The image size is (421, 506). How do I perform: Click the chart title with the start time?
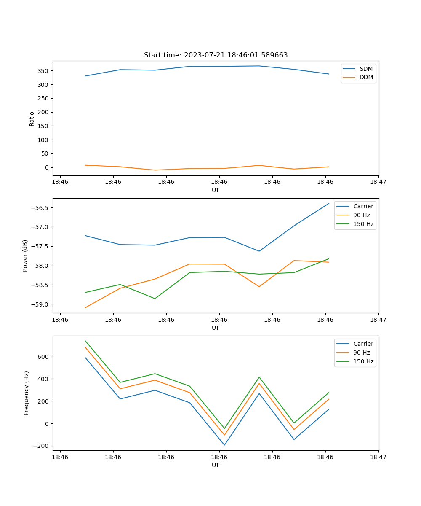(216, 55)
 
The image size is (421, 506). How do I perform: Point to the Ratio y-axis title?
(32, 118)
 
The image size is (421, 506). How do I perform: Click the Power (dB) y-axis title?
(25, 256)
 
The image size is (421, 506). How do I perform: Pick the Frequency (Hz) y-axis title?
(27, 393)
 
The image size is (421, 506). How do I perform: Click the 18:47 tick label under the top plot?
(378, 182)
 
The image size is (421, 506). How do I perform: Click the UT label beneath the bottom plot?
(216, 465)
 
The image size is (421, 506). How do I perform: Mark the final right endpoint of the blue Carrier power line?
(329, 203)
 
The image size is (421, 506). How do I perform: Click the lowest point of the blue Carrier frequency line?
(224, 445)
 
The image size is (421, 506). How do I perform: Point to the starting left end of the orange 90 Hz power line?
(85, 307)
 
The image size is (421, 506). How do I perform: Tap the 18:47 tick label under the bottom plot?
(378, 457)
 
